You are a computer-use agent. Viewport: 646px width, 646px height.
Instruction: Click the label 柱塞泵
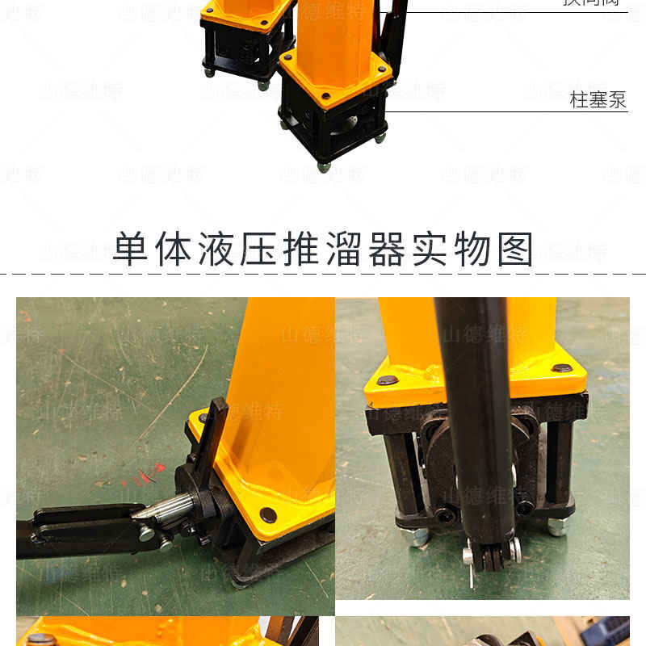[x=598, y=101]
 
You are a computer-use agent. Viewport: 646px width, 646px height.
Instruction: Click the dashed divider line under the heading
[x=323, y=275]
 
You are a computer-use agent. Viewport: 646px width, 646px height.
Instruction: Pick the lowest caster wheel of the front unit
[x=324, y=167]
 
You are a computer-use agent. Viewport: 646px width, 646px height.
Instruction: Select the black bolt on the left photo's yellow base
[x=267, y=514]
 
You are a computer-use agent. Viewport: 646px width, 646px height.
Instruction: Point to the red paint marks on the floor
[x=148, y=476]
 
